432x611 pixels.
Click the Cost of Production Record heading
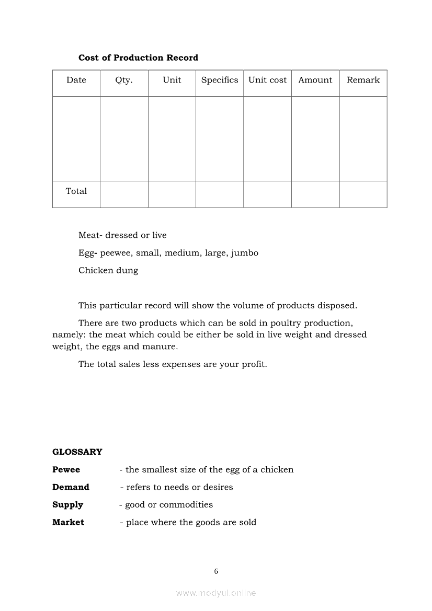pyautogui.click(x=138, y=57)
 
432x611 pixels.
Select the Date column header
pyautogui.click(x=76, y=80)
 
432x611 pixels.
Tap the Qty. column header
pyautogui.click(x=124, y=80)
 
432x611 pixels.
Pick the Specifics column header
pyautogui.click(x=220, y=80)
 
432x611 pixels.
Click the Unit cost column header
pyautogui.click(x=267, y=80)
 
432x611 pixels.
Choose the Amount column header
pyautogui.click(x=315, y=80)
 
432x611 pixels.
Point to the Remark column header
pyautogui.click(x=363, y=80)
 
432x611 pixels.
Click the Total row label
pyautogui.click(x=76, y=191)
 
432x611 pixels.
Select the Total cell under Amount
pyautogui.click(x=315, y=194)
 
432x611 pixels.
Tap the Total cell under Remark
pyautogui.click(x=363, y=194)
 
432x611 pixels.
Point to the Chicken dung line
pyautogui.click(x=108, y=270)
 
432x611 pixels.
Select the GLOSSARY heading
pyautogui.click(x=77, y=452)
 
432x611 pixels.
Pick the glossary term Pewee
pyautogui.click(x=66, y=470)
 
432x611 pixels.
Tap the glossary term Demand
pyautogui.click(x=71, y=487)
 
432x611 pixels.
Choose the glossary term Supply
pyautogui.click(x=67, y=505)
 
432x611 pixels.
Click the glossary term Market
pyautogui.click(x=68, y=522)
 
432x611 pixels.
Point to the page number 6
pyautogui.click(x=216, y=571)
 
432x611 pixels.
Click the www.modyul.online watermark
pyautogui.click(x=216, y=593)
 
